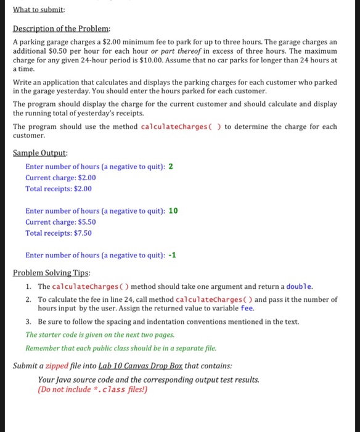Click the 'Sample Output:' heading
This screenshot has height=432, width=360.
[40, 153]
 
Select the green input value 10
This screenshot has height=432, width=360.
[173, 210]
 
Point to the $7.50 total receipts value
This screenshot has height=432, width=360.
[82, 233]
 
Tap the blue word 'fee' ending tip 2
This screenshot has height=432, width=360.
[247, 309]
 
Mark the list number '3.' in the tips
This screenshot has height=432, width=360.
[29, 322]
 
